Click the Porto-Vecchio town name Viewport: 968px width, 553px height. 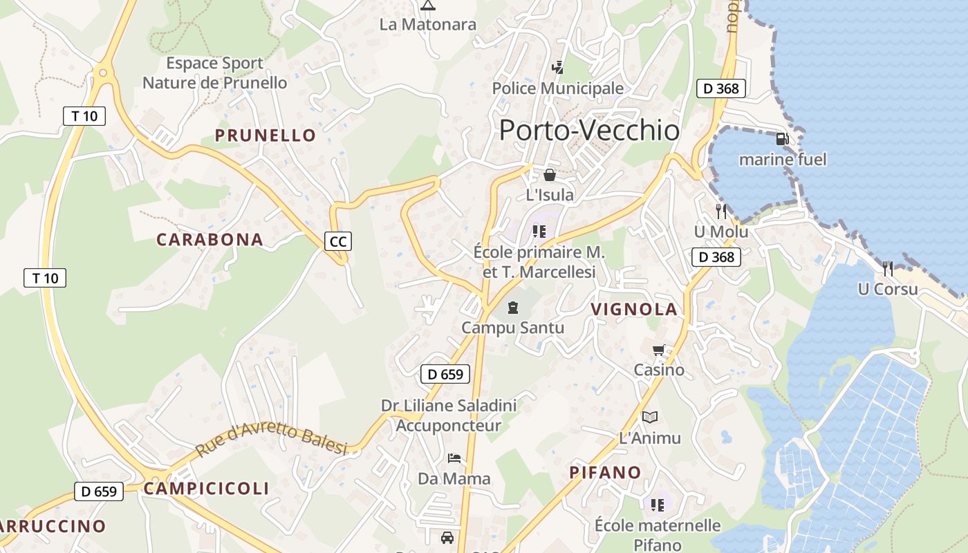589,130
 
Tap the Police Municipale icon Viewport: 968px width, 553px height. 557,68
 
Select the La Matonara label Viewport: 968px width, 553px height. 428,25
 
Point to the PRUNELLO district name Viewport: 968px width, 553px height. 266,135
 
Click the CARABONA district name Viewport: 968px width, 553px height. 210,240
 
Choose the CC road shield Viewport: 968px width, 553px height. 338,241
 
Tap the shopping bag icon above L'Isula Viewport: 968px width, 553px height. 550,175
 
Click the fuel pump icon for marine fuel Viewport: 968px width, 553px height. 783,140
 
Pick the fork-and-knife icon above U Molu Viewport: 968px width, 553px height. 721,211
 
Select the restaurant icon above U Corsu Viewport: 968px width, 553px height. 888,268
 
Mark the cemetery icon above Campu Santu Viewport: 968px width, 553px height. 513,307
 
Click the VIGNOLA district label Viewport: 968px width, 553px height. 634,310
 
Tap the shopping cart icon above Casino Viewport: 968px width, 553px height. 659,350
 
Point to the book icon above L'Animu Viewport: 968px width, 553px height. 649,417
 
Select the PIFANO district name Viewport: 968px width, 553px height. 605,473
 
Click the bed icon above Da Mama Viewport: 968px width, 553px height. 454,458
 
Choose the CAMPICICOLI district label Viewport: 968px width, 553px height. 206,489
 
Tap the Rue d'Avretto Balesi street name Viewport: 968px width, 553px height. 270,440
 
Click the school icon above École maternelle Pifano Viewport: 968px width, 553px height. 657,505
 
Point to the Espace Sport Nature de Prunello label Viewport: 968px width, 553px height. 214,73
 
